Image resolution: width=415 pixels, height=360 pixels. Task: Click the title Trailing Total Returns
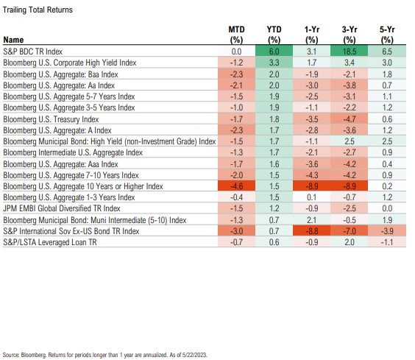pyautogui.click(x=38, y=10)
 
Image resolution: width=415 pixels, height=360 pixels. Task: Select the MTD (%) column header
pyautogui.click(x=236, y=35)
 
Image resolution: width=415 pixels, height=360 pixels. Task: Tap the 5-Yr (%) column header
pyautogui.click(x=387, y=35)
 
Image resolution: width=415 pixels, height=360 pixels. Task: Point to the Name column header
pyautogui.click(x=13, y=40)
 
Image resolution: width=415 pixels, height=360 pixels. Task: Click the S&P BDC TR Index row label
pyautogui.click(x=33, y=52)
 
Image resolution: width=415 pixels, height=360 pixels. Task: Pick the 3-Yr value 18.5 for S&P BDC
pyautogui.click(x=349, y=52)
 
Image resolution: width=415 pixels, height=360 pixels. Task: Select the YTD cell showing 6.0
pyautogui.click(x=274, y=52)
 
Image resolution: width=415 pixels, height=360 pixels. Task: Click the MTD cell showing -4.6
pyautogui.click(x=236, y=186)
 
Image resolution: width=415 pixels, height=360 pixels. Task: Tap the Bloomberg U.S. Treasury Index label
pyautogui.click(x=51, y=119)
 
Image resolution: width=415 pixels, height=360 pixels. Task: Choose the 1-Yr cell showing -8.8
pyautogui.click(x=311, y=231)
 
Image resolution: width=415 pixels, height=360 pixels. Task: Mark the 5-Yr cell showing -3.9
pyautogui.click(x=387, y=231)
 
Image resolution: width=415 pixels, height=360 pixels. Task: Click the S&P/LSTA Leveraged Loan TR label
pyautogui.click(x=50, y=242)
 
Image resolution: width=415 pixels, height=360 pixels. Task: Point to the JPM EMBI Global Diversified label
pyautogui.click(x=62, y=208)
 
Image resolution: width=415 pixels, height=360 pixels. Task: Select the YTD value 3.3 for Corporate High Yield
pyautogui.click(x=274, y=63)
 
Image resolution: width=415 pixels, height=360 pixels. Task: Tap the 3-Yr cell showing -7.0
pyautogui.click(x=349, y=231)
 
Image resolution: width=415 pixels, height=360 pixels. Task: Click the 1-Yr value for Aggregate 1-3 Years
pyautogui.click(x=311, y=197)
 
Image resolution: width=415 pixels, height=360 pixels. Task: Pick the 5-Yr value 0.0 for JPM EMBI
pyautogui.click(x=387, y=208)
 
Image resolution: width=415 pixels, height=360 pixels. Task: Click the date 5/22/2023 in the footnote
pyautogui.click(x=194, y=355)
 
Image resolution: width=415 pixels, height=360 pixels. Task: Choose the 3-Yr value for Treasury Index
pyautogui.click(x=349, y=119)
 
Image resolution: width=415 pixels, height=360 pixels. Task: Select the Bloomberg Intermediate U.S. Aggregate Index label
pyautogui.click(x=73, y=152)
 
